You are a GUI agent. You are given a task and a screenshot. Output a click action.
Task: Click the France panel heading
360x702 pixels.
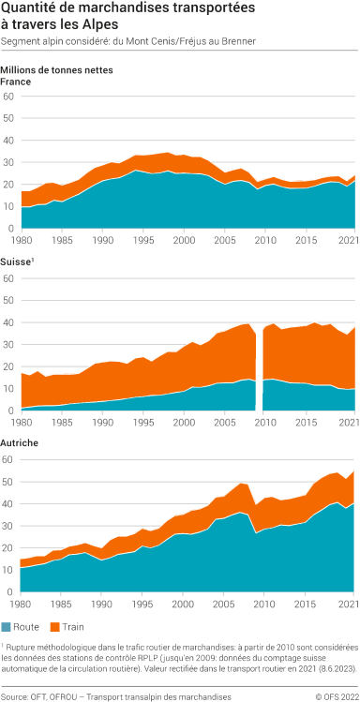(16, 82)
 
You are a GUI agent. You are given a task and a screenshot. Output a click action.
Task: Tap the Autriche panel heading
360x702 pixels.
(20, 441)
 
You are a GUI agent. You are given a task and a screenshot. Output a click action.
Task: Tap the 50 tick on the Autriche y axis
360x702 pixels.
(8, 482)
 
